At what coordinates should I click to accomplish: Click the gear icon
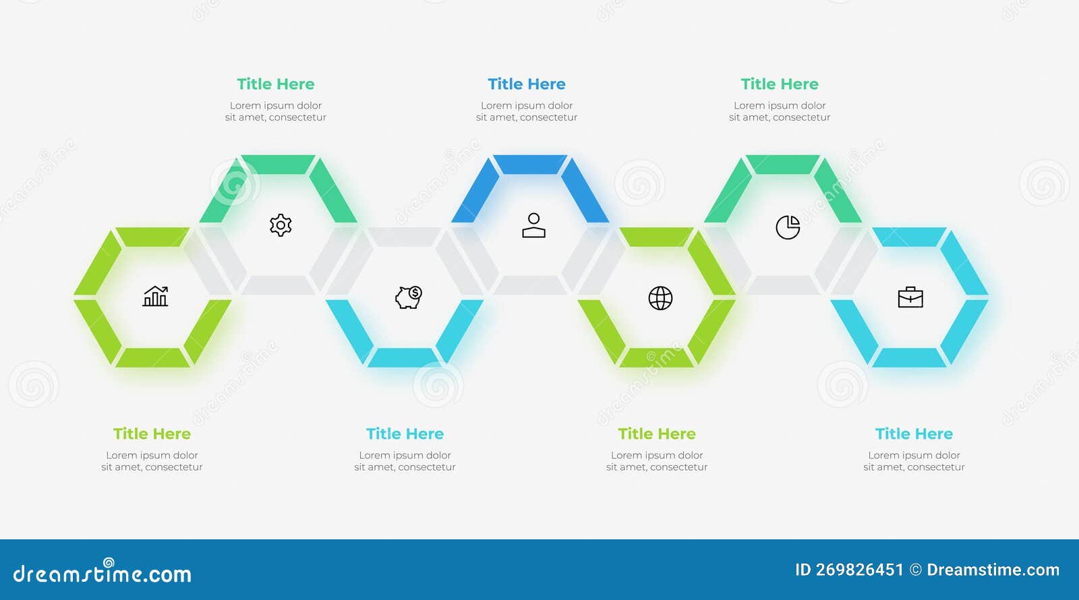point(281,225)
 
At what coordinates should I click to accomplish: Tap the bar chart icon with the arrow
point(156,296)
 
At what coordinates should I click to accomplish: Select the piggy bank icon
point(408,297)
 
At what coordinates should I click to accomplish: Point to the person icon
point(533,226)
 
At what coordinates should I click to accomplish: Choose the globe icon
point(660,298)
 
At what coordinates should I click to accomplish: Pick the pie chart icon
point(788,227)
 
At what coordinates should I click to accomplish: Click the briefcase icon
point(910,297)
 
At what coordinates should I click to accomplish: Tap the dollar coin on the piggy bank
point(415,293)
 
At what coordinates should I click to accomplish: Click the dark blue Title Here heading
point(527,84)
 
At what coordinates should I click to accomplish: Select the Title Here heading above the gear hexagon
point(275,84)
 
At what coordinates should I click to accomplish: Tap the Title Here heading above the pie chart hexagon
point(780,84)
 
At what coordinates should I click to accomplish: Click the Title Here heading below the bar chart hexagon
point(152,434)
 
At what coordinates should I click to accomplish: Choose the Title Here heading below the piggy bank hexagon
point(405,434)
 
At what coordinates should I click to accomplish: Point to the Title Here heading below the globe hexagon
point(657,434)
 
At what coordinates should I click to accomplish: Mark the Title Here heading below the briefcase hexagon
point(914,434)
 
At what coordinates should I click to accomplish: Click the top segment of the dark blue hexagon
point(530,164)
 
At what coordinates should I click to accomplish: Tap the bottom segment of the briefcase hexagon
point(910,357)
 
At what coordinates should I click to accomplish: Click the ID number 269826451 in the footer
point(859,570)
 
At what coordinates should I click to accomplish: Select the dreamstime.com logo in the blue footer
point(103,573)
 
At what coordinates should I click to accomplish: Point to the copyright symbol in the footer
point(916,570)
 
